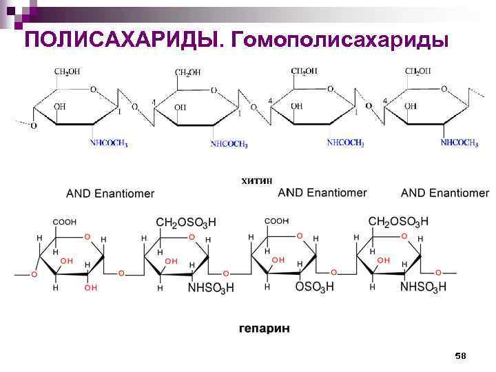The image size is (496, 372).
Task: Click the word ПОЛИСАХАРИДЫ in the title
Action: point(121,40)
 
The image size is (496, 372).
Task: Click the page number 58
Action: point(460,355)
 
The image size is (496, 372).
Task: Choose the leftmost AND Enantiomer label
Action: point(110,194)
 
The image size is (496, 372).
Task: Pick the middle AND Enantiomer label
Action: point(322,192)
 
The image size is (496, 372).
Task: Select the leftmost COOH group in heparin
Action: point(65,222)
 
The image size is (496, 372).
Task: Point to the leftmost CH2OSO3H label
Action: point(186,222)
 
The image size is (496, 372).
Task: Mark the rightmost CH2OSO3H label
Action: point(398,221)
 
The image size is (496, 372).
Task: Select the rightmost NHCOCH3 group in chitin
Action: point(459,143)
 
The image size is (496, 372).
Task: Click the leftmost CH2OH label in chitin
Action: point(68,72)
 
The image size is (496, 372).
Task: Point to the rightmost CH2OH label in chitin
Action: point(418,71)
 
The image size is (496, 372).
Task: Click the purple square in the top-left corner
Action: point(8,8)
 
